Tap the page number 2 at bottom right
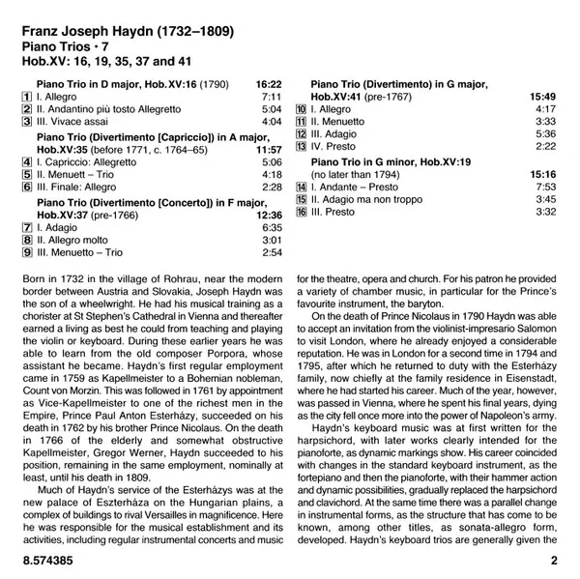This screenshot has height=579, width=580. click(x=554, y=561)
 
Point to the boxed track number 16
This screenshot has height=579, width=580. click(x=301, y=212)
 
